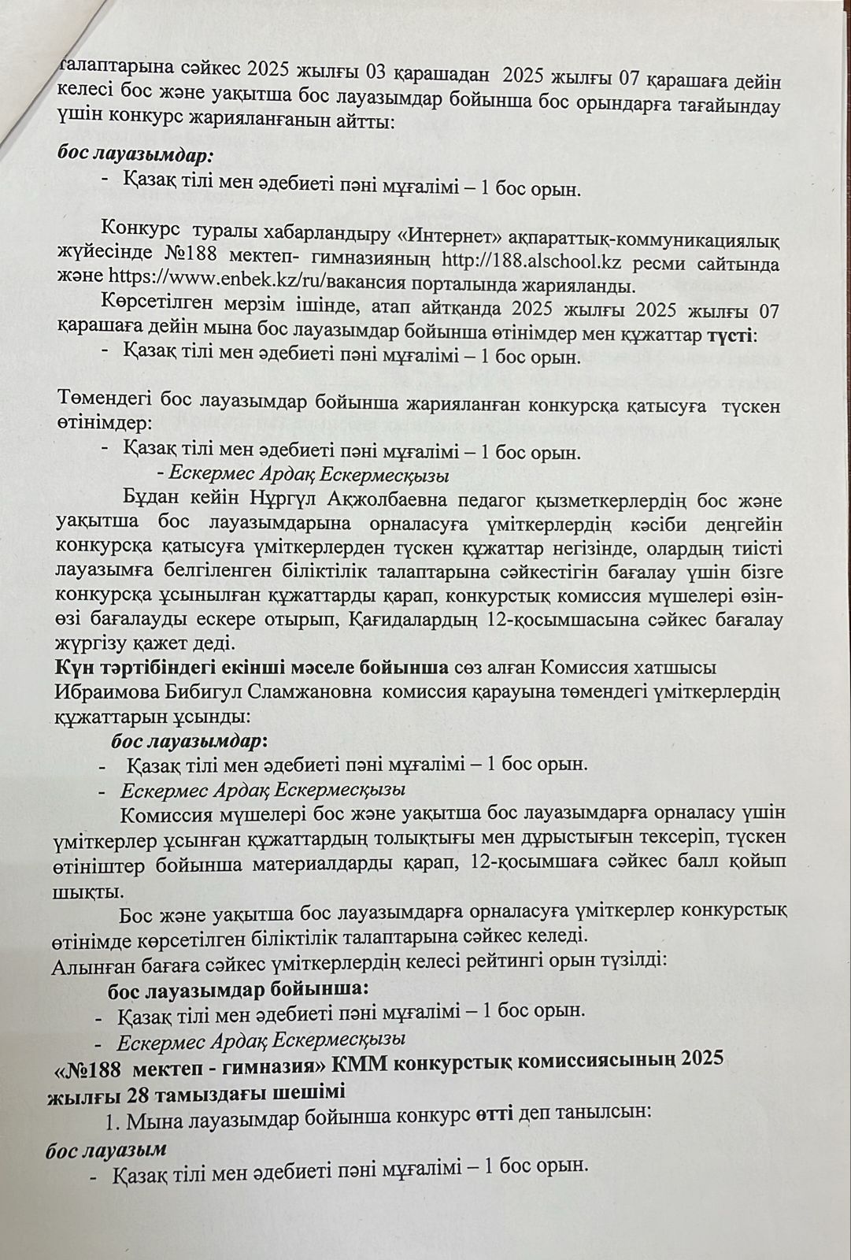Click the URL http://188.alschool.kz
(x=527, y=261)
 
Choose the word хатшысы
(x=675, y=669)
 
